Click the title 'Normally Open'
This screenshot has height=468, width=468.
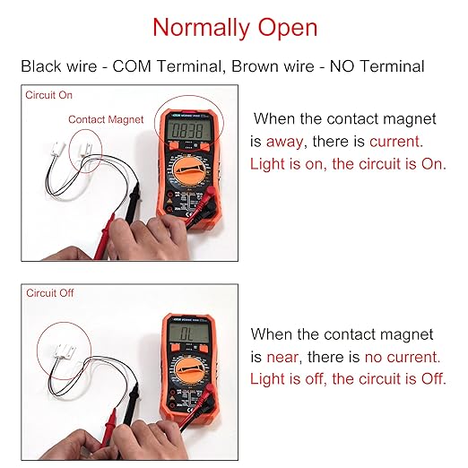(x=235, y=29)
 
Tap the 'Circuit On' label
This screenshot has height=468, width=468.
(x=48, y=95)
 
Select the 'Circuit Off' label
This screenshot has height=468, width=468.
(x=49, y=293)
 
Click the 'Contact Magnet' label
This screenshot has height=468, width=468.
(x=106, y=119)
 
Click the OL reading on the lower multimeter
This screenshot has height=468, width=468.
(x=187, y=334)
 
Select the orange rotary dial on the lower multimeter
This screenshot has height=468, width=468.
(x=190, y=370)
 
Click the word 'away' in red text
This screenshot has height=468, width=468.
(x=284, y=142)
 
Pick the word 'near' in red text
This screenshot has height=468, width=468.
(x=282, y=357)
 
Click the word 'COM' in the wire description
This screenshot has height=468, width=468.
(x=132, y=66)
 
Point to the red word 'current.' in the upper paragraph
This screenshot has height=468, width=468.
(x=396, y=142)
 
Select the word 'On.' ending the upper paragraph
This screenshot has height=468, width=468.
(x=434, y=164)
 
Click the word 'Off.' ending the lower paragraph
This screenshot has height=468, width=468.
(x=434, y=379)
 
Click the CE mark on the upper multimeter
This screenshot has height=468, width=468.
(x=189, y=214)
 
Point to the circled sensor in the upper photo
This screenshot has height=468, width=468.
(x=85, y=149)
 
